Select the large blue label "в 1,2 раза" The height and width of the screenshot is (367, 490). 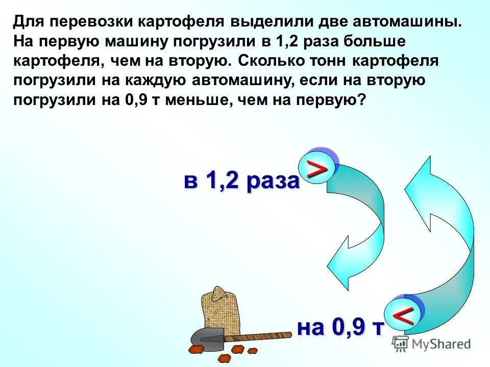pyautogui.click(x=241, y=181)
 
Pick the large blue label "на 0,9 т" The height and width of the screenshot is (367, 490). pyautogui.click(x=340, y=327)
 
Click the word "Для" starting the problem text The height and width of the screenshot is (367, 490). pyautogui.click(x=29, y=22)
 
